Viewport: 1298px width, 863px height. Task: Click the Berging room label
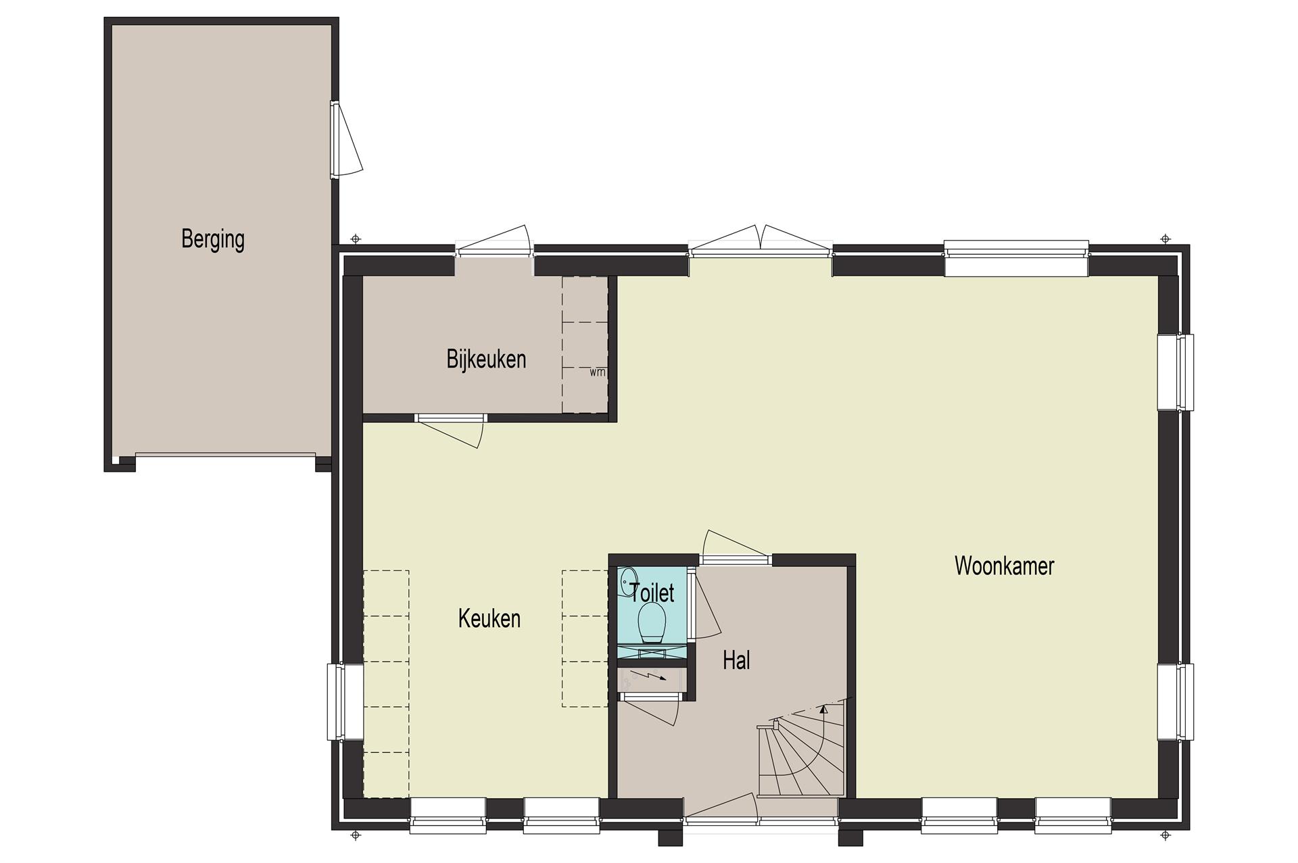coord(213,239)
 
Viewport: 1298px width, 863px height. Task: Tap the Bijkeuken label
coord(486,359)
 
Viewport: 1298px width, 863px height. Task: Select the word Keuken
coord(489,618)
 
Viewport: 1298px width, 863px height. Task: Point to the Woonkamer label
coord(1004,566)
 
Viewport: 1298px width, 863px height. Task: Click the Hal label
coord(736,660)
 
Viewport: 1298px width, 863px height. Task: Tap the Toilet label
coord(652,593)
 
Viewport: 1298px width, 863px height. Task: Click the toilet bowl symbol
coord(652,622)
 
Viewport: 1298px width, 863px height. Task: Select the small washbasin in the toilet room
coord(628,580)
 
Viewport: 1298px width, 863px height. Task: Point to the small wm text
coord(597,372)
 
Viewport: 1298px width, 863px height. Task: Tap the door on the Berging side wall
coord(346,140)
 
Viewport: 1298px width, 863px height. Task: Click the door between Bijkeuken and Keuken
coord(450,430)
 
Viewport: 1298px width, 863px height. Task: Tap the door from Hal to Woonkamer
coord(736,547)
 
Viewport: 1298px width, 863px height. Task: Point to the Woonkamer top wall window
coord(1016,258)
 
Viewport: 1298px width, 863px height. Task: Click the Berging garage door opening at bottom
coord(225,455)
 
